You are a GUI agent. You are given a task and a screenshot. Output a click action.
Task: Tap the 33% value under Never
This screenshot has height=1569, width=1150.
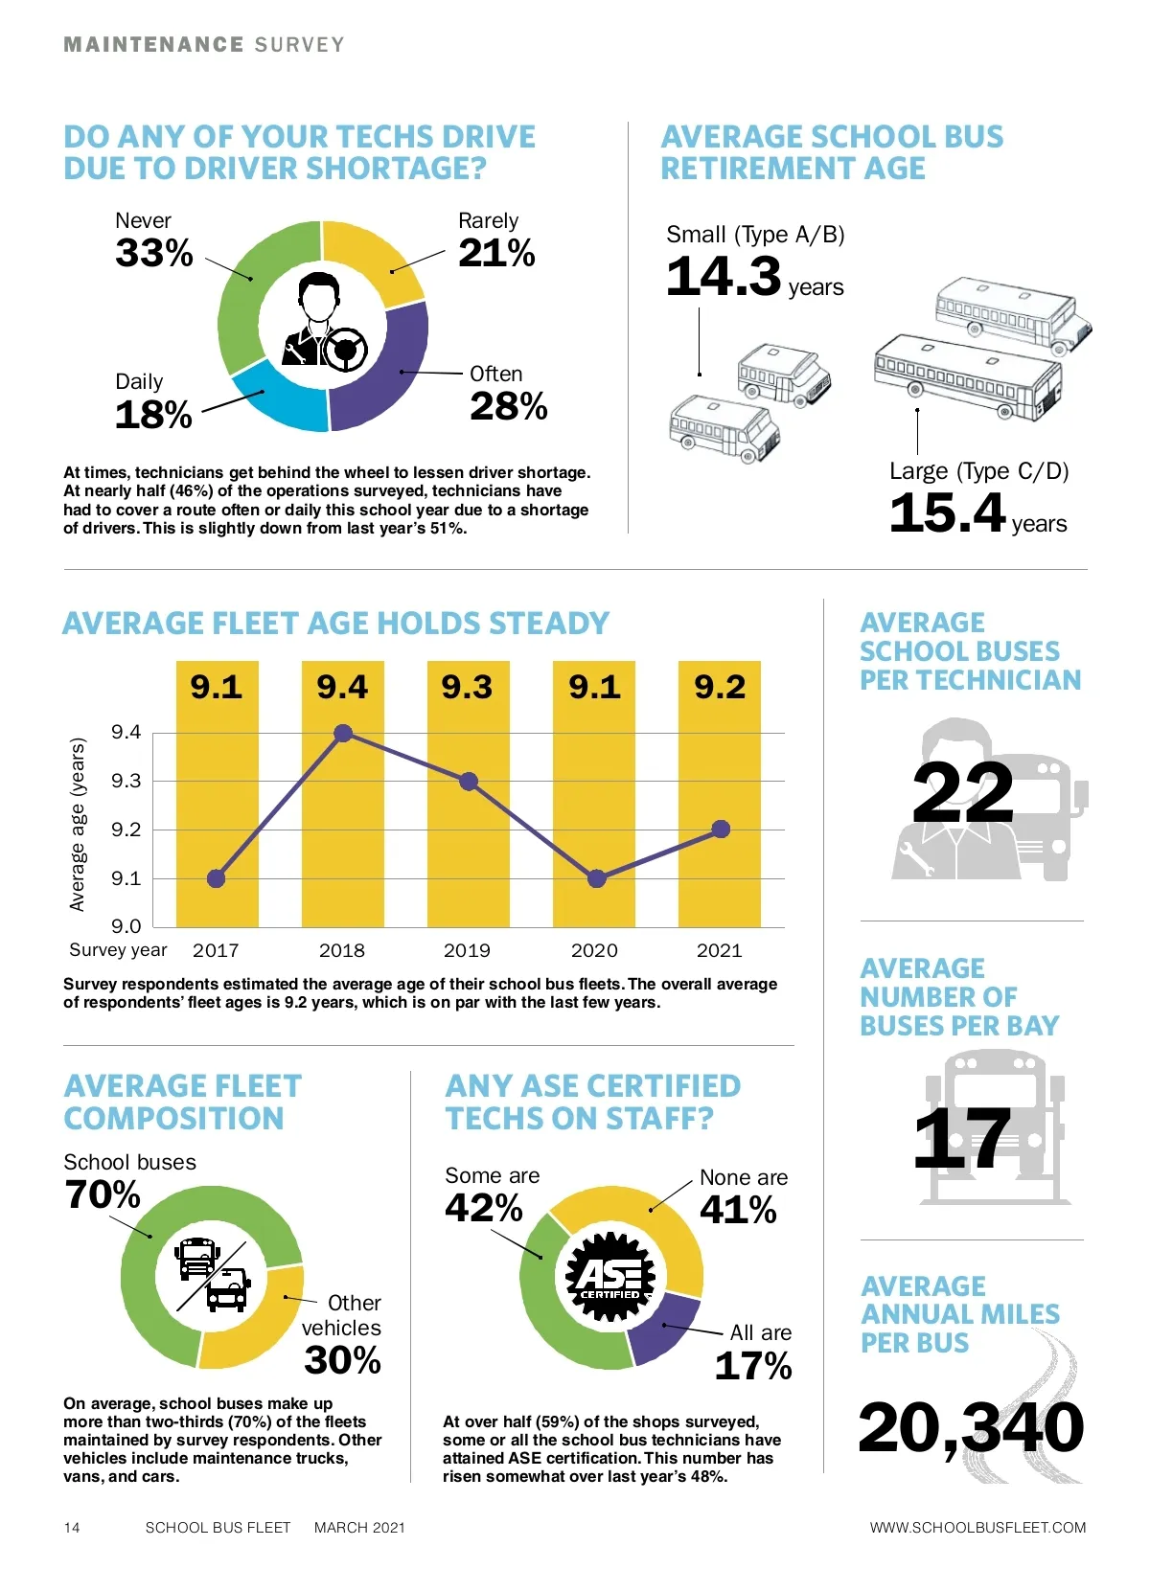coord(154,254)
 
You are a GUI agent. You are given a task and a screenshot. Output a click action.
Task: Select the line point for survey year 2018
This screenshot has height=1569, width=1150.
coord(343,734)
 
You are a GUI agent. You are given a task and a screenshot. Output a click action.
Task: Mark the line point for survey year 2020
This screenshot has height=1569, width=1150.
coord(596,878)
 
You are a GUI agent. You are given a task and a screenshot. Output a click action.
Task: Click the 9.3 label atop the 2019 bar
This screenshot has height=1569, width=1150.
coord(467,688)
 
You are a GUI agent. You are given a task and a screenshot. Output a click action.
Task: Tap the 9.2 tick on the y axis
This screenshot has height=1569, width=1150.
coord(126,830)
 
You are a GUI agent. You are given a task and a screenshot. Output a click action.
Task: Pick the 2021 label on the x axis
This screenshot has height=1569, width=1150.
coord(719,950)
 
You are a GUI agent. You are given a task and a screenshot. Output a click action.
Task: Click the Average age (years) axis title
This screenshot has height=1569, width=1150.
coord(78,824)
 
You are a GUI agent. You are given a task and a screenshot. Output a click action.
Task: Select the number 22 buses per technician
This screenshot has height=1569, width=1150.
coord(962,793)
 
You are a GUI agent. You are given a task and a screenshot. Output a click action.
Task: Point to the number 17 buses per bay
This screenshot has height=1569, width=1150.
coord(962,1139)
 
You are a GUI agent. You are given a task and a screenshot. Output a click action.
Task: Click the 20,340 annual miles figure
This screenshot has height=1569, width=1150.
coord(971,1428)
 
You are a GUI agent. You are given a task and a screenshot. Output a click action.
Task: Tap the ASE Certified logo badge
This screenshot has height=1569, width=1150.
coord(610,1277)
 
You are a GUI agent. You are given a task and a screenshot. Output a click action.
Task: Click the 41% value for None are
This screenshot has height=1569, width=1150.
coord(738,1210)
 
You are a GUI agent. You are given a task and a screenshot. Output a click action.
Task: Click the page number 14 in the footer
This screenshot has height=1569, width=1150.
coord(72,1528)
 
